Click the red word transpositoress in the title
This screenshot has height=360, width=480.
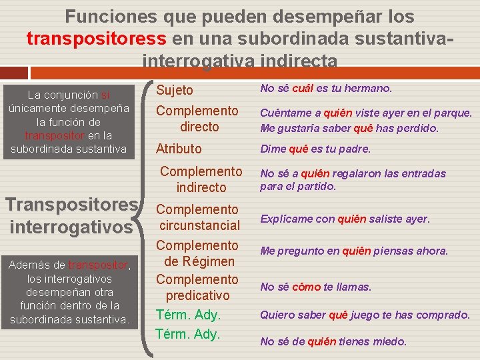click(x=97, y=38)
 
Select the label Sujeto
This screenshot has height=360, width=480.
click(x=175, y=90)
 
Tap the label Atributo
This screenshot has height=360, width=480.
click(x=179, y=149)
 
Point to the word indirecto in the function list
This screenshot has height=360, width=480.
click(x=201, y=187)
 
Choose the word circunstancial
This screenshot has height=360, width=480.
click(x=199, y=225)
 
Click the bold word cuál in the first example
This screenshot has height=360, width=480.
click(x=303, y=89)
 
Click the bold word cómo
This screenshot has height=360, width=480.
click(x=306, y=287)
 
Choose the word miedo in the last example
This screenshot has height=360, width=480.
click(x=391, y=341)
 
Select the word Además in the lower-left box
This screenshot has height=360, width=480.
click(x=27, y=265)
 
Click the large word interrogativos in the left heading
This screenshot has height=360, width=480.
click(x=71, y=227)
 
